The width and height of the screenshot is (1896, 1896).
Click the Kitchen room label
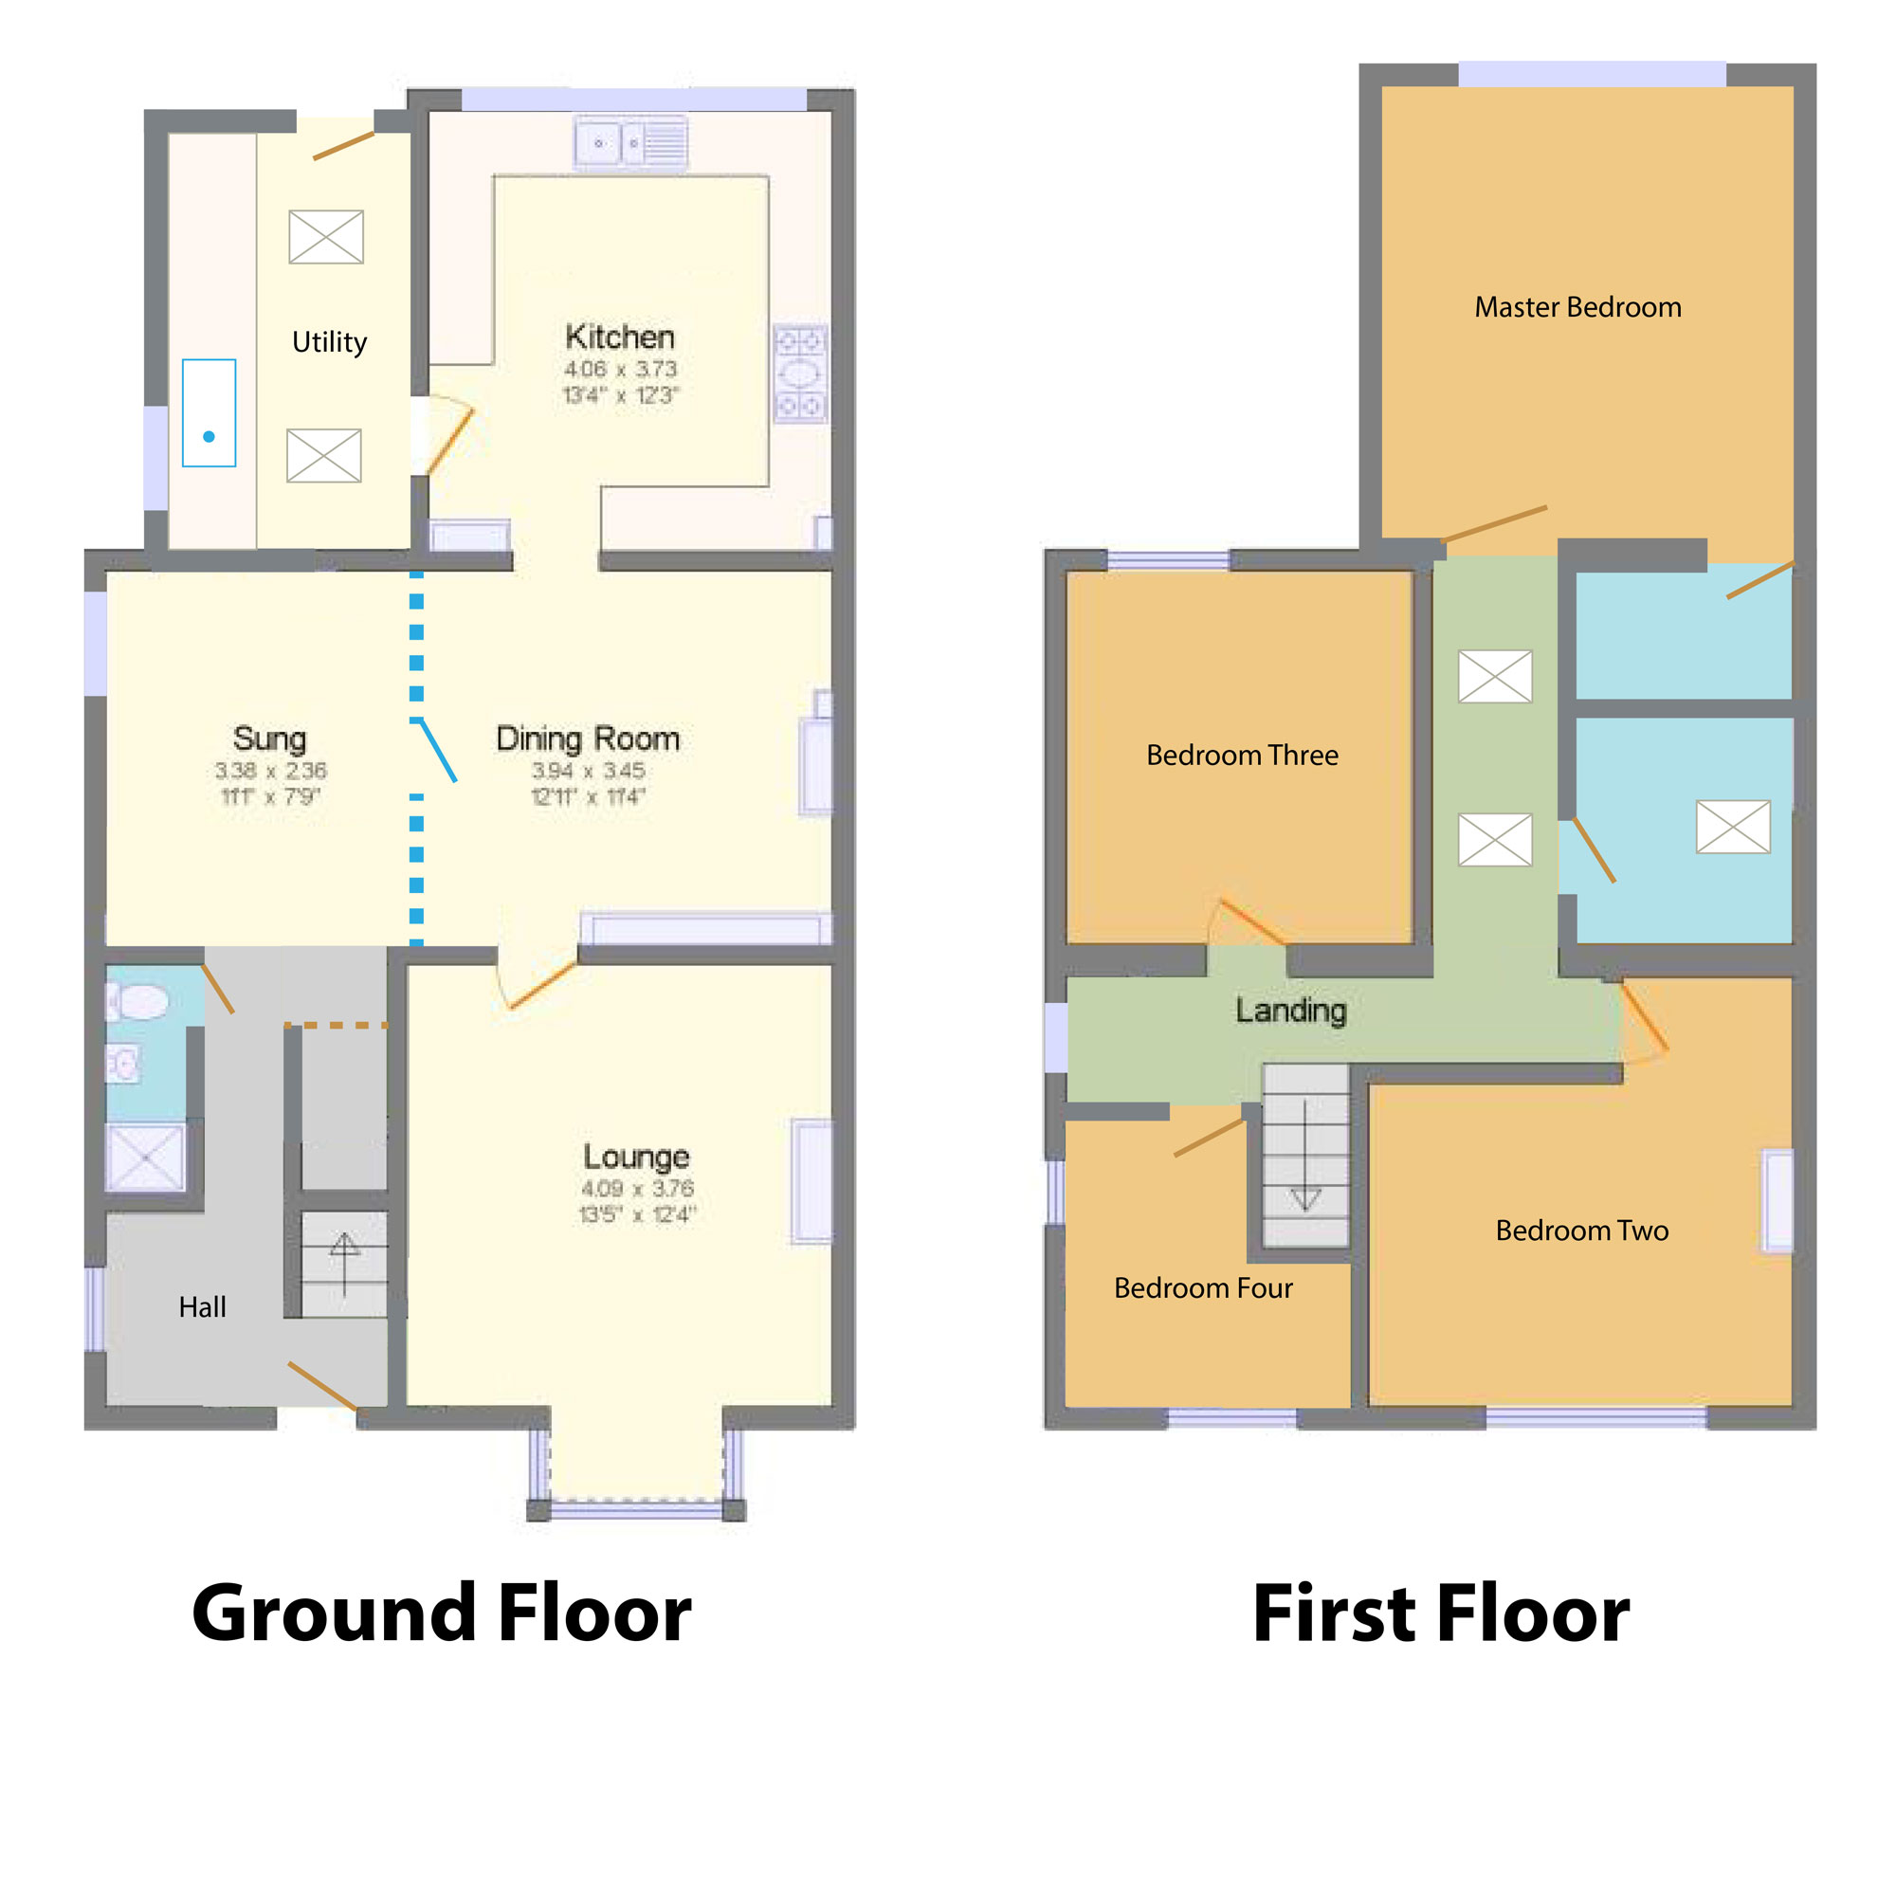pyautogui.click(x=619, y=337)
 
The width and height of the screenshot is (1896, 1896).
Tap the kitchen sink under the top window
pyautogui.click(x=630, y=143)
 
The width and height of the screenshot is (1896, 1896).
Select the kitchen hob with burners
pyautogui.click(x=800, y=374)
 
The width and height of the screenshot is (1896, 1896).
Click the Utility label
pyautogui.click(x=329, y=342)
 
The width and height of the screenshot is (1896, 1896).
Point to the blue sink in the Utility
pyautogui.click(x=209, y=413)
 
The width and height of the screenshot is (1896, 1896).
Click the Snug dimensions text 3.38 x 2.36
pyautogui.click(x=270, y=771)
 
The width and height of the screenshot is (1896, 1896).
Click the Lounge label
pyautogui.click(x=636, y=1156)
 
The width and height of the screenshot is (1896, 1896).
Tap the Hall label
pyautogui.click(x=202, y=1307)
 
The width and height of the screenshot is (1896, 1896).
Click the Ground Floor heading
pyautogui.click(x=442, y=1614)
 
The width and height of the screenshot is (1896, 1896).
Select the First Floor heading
pyautogui.click(x=1441, y=1614)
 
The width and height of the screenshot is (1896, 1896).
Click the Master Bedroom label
pyautogui.click(x=1577, y=307)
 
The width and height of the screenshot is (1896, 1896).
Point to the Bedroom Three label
pyautogui.click(x=1242, y=755)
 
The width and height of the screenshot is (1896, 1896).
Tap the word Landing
pyautogui.click(x=1289, y=1010)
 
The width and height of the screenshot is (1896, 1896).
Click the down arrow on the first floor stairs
pyautogui.click(x=1304, y=1173)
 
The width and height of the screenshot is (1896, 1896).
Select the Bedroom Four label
pyautogui.click(x=1202, y=1287)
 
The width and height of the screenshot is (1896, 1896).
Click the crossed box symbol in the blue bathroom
pyautogui.click(x=1733, y=827)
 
